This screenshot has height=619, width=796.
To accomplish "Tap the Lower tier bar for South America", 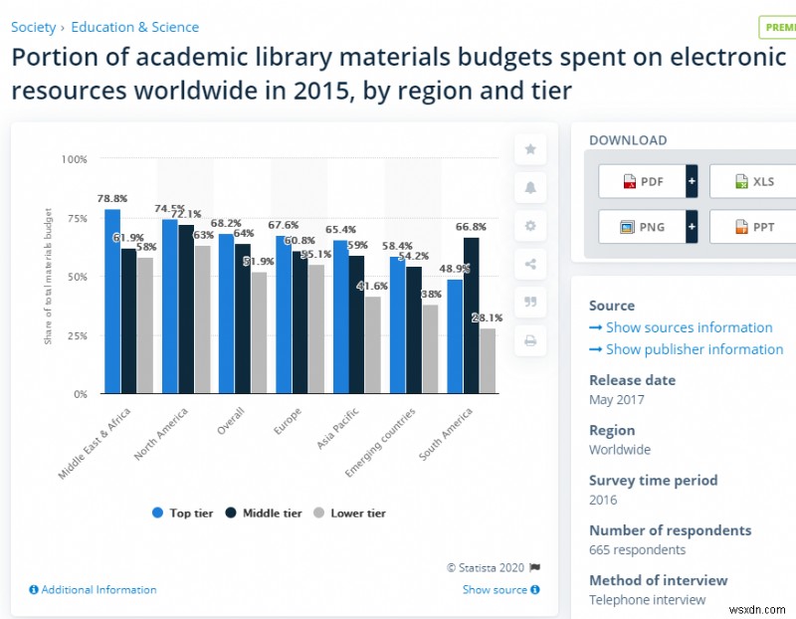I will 488,360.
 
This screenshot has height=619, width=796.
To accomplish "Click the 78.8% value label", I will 111,199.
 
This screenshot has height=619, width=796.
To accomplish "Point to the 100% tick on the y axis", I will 74,159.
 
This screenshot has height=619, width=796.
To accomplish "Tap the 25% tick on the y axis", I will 76,335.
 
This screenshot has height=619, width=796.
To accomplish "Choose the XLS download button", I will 753,181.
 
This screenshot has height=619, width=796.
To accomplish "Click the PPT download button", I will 753,227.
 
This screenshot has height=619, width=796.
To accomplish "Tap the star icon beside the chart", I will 530,149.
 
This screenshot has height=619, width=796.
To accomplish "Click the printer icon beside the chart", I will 530,340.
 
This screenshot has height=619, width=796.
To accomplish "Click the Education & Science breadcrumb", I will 134,27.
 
